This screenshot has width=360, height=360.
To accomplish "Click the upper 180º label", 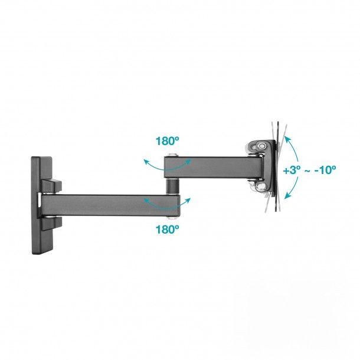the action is [x=168, y=141].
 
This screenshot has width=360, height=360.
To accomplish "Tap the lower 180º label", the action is [x=168, y=229].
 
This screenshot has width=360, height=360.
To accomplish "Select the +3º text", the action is [x=292, y=170].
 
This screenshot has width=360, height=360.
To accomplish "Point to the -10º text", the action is [x=325, y=169].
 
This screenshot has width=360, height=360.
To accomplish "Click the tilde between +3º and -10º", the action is [x=307, y=171].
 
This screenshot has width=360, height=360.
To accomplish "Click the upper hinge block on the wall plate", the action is [x=51, y=186].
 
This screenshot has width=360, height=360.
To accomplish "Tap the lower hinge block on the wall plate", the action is [x=51, y=223].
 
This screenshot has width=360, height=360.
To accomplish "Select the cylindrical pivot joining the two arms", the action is [x=172, y=186].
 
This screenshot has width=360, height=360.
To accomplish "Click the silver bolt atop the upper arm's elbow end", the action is [x=173, y=155].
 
